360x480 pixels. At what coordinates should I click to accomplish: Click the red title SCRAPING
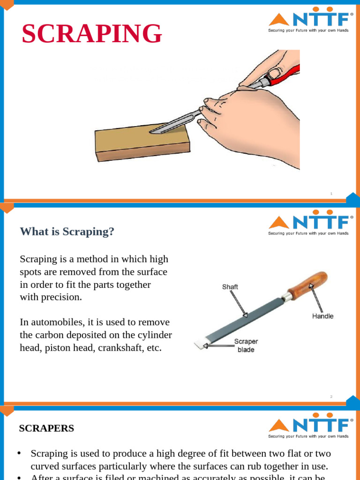[92, 34]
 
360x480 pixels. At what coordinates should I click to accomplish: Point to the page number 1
[331, 194]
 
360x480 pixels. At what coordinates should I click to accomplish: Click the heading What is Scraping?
[67, 232]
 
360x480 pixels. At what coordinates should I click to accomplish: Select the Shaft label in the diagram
[230, 287]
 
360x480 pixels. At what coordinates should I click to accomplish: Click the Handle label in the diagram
[322, 316]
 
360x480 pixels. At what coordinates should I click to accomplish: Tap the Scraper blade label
[246, 345]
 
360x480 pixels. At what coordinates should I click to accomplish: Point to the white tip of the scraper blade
[200, 345]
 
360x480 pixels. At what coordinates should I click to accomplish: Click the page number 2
[331, 397]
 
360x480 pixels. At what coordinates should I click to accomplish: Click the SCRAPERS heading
[46, 428]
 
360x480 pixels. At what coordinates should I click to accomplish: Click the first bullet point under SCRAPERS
[19, 453]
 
